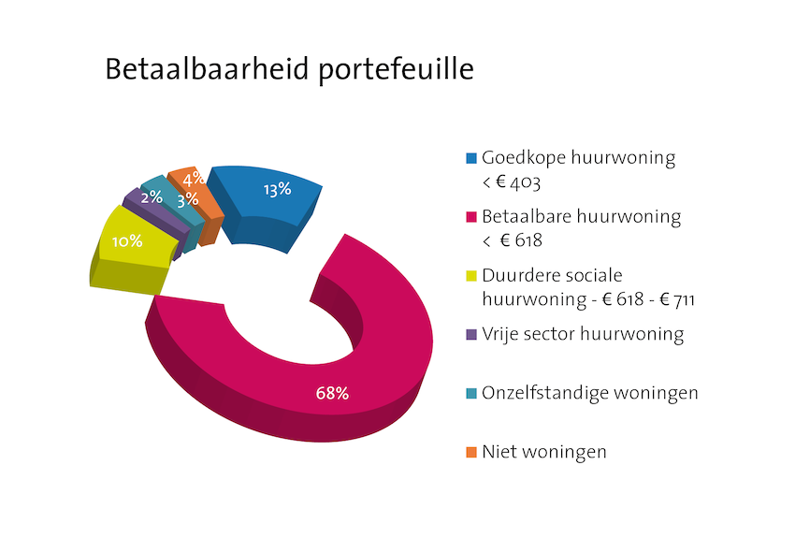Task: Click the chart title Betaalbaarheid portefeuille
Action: [x=290, y=69]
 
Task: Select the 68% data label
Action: [x=332, y=393]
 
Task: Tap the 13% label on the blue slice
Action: [x=278, y=190]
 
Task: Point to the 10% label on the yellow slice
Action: [x=127, y=241]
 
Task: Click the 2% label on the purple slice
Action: [x=152, y=196]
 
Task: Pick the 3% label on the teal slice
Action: [x=188, y=199]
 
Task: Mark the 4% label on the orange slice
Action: [x=194, y=179]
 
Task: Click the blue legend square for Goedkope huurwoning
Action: [x=471, y=158]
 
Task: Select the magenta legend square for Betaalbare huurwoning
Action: [x=471, y=217]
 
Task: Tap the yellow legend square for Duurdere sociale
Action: [x=471, y=276]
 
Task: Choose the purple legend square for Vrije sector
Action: [x=471, y=335]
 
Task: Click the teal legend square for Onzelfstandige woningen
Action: [x=471, y=393]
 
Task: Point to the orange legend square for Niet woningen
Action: [x=471, y=452]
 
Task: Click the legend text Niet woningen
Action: [x=544, y=452]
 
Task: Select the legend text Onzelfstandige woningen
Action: [x=590, y=393]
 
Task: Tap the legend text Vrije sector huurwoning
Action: [x=583, y=334]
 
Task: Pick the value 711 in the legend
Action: [x=685, y=299]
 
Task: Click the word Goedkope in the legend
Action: [x=524, y=158]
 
